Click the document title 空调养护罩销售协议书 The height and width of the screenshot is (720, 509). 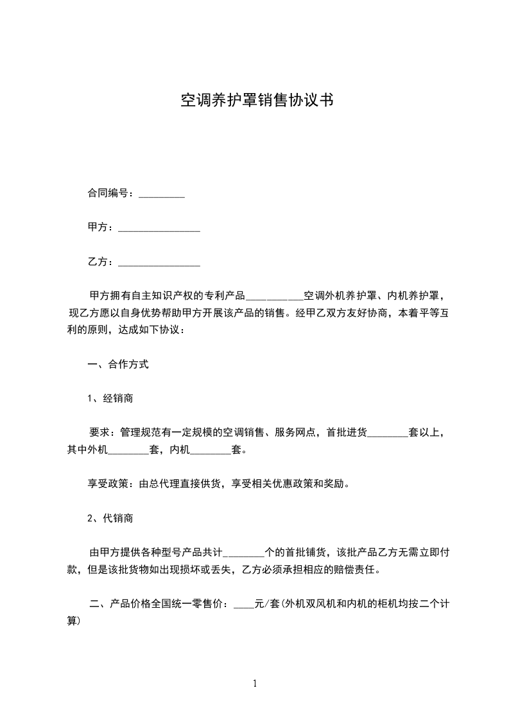256,100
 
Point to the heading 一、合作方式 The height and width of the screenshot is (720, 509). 118,364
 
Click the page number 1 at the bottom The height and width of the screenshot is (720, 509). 255,683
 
